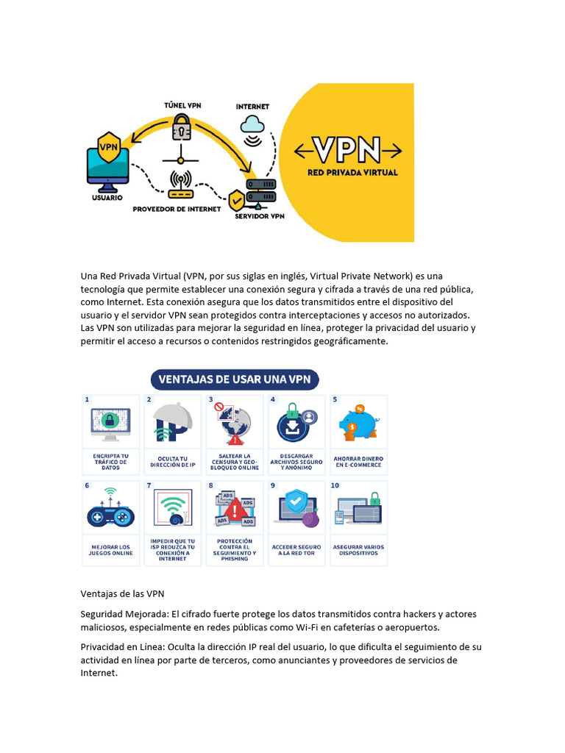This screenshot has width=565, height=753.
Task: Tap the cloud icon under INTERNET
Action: (x=252, y=123)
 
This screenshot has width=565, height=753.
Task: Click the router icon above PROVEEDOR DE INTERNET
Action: (x=180, y=185)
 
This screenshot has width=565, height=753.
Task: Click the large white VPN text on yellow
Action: (x=348, y=150)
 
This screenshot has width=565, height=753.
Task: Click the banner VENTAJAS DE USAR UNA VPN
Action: (x=235, y=379)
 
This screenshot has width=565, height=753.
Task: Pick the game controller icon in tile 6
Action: (x=110, y=515)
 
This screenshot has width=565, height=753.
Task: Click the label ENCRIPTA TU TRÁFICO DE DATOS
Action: (x=110, y=462)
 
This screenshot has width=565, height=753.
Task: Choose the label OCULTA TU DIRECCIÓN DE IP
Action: (x=173, y=462)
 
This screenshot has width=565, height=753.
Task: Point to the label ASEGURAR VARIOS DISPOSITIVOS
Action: (x=359, y=549)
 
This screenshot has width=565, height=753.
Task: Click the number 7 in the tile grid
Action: (x=149, y=485)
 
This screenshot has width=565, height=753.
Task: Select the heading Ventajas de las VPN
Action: (x=122, y=593)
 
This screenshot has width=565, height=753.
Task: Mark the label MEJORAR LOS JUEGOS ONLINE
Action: (x=110, y=549)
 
